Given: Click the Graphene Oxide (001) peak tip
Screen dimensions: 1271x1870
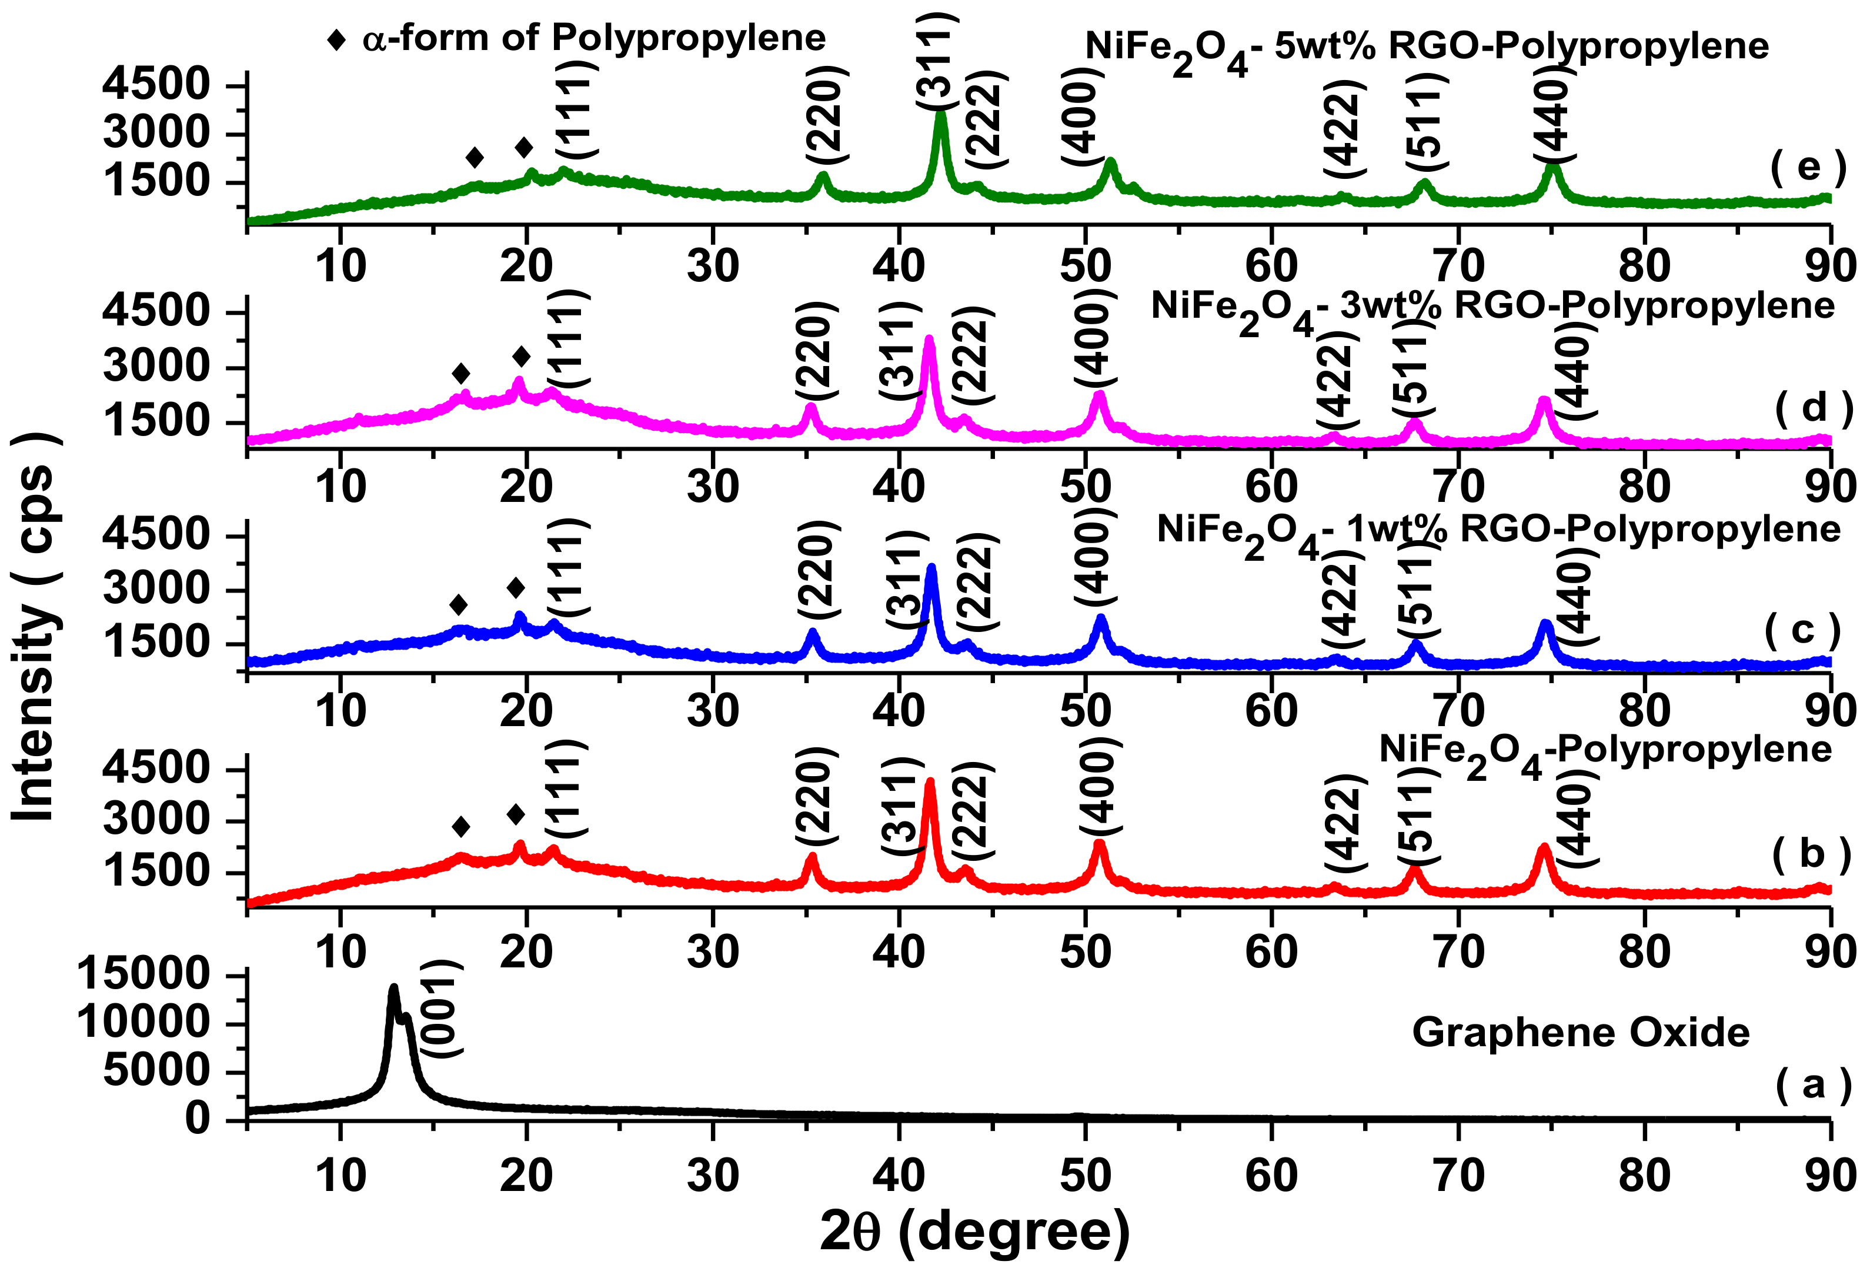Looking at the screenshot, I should (393, 987).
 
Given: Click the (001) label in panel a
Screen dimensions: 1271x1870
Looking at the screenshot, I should (442, 1008).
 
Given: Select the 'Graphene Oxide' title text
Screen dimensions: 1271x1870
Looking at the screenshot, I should (1580, 1032).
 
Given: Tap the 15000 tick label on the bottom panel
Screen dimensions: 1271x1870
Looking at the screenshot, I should (143, 975).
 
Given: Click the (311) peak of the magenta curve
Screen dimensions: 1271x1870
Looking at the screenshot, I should (929, 339).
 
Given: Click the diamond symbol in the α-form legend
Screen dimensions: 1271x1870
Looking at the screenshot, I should (336, 39).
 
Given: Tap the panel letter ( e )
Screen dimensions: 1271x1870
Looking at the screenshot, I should (1809, 168).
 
